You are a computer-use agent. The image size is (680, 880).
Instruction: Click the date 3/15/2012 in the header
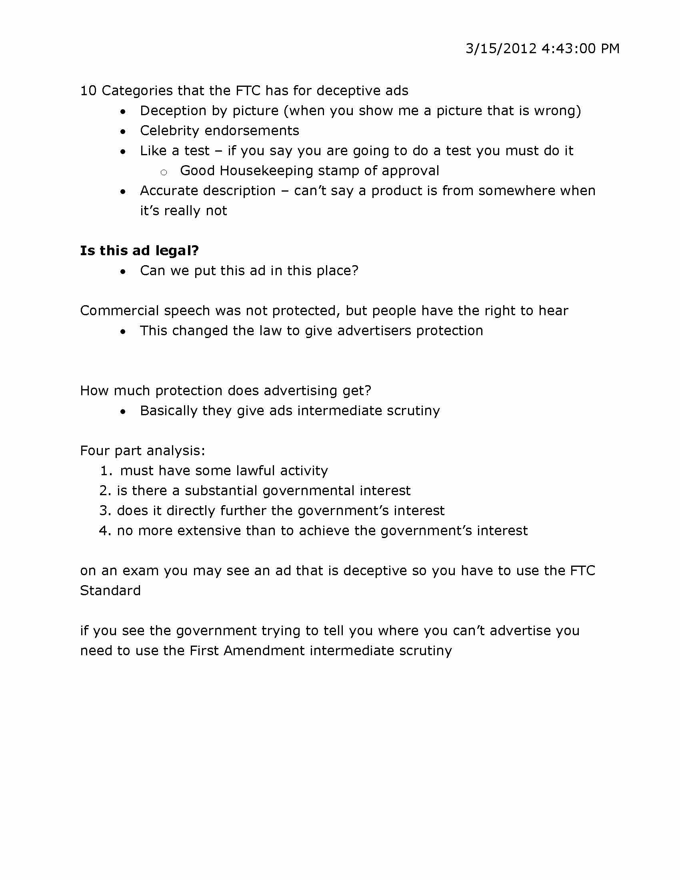coord(501,49)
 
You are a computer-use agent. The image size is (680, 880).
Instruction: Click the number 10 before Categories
coord(88,91)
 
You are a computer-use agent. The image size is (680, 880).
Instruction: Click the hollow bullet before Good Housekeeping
coord(164,173)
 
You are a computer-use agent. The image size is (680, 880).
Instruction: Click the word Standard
coord(110,591)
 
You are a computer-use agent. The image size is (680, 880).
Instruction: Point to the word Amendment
coord(264,651)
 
